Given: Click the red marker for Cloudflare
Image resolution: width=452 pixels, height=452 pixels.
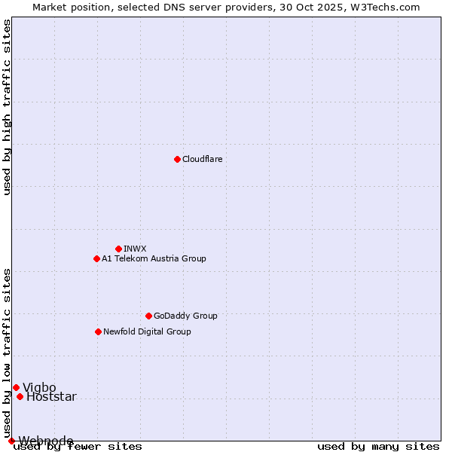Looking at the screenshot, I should (x=177, y=159).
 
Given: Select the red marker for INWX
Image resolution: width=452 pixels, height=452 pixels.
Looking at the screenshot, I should (x=118, y=249).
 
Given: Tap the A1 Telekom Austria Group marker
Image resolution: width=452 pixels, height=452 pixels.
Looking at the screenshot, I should (x=96, y=258).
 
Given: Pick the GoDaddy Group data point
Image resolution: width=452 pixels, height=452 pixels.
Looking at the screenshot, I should (x=148, y=316).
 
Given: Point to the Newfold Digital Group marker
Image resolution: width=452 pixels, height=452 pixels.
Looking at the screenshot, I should (x=98, y=331).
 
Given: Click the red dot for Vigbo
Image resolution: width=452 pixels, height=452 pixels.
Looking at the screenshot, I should (x=16, y=387).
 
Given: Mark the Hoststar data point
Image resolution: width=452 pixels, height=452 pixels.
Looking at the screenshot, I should (x=20, y=396).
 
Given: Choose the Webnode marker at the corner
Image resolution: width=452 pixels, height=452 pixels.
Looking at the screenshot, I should (x=11, y=441).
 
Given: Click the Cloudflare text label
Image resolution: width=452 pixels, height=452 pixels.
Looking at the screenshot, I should (x=202, y=159).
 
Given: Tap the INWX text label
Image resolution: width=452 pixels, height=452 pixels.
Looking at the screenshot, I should (x=135, y=249).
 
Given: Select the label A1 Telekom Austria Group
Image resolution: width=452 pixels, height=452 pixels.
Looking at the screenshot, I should (x=154, y=258).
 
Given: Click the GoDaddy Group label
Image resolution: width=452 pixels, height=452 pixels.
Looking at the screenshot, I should (x=185, y=316).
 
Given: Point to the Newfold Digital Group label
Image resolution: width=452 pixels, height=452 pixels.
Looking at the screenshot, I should (x=147, y=331).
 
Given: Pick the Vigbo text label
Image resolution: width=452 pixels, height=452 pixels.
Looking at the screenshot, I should (x=39, y=387).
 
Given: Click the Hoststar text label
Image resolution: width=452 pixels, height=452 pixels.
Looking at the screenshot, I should (x=51, y=396).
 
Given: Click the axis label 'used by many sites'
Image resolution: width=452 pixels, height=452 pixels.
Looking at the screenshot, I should (x=378, y=446).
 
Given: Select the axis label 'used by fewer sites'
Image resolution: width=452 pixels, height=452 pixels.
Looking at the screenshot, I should (x=78, y=446).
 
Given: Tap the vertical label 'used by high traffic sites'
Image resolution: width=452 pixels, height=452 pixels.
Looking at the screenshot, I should (x=8, y=107).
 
